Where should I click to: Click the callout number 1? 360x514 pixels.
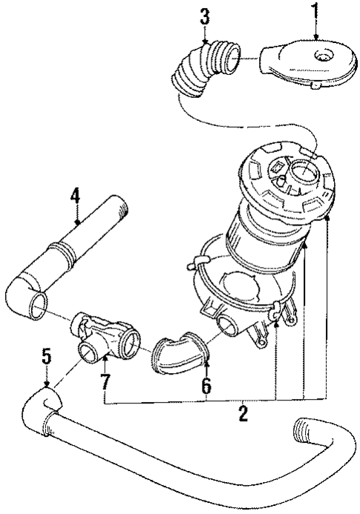click(314, 13)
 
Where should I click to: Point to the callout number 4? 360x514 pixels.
click(75, 198)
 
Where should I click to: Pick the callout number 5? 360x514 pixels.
click(45, 358)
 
